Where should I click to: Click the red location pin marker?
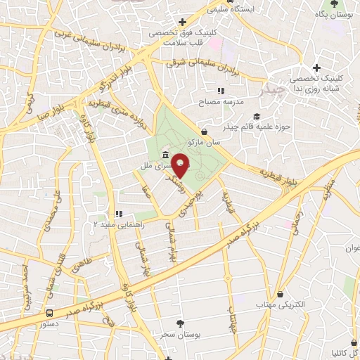181,166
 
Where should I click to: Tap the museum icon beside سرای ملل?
165,155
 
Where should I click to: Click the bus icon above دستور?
49,313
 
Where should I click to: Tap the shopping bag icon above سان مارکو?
204,131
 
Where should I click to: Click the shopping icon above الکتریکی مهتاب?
281,294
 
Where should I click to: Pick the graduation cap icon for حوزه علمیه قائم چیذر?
257,116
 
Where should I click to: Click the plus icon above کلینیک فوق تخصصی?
183,22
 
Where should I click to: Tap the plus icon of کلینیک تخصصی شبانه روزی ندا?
316,68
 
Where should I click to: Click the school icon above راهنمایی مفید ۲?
119,213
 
